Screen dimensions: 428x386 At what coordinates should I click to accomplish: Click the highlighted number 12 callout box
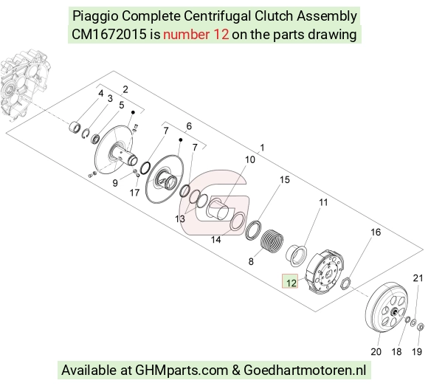[290, 281]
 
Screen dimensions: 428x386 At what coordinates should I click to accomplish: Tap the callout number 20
[376, 351]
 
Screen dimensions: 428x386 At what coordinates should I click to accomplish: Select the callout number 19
[417, 351]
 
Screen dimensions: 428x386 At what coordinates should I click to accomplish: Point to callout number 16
[376, 232]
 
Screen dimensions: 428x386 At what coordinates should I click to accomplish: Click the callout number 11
[323, 202]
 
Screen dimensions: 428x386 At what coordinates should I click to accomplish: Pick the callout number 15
[284, 179]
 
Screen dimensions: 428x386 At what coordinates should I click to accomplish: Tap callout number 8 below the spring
[251, 261]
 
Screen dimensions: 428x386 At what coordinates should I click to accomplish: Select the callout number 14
[216, 240]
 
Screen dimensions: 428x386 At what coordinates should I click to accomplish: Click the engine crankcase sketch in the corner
[24, 85]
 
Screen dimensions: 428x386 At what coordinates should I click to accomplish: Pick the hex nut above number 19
[421, 326]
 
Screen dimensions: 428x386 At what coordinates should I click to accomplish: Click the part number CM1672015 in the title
[109, 35]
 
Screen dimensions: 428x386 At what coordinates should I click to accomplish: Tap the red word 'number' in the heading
[187, 35]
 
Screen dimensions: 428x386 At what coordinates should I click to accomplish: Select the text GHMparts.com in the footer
[182, 371]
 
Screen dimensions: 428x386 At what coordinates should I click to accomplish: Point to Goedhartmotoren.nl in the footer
[305, 371]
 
